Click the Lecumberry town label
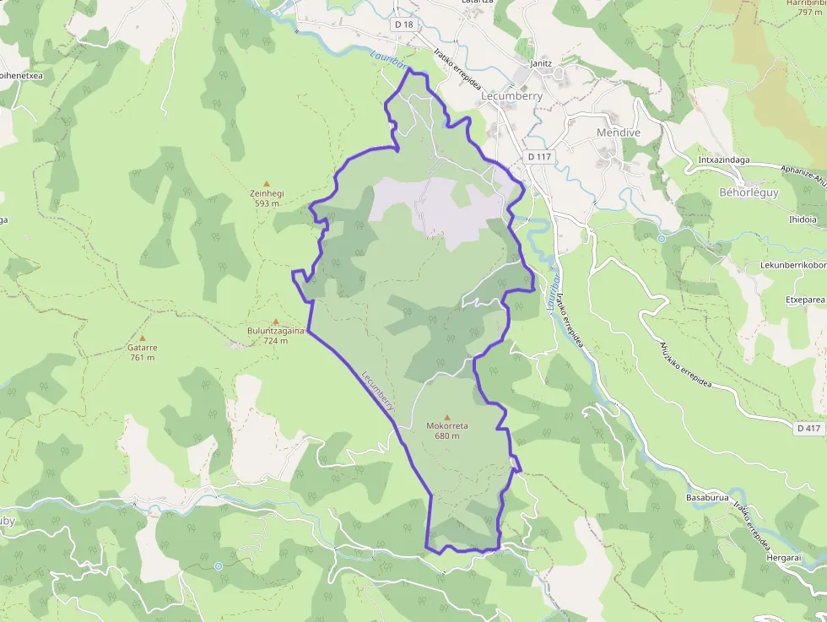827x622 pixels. tap(511, 96)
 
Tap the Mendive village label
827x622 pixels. tap(619, 133)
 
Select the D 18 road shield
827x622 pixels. tap(404, 24)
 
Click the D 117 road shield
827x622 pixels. tap(538, 157)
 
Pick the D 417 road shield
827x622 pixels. tap(808, 429)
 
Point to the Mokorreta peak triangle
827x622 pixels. tap(447, 417)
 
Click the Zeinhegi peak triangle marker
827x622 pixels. tap(268, 183)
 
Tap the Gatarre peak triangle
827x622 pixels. tap(142, 338)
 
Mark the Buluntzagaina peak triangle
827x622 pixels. tap(275, 322)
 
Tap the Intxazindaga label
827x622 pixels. tap(725, 159)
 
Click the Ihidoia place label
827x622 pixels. tap(802, 219)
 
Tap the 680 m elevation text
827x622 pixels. tap(447, 435)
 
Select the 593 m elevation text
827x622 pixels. tap(267, 203)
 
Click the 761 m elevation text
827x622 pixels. tap(142, 357)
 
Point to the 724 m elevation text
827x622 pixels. tap(275, 341)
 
